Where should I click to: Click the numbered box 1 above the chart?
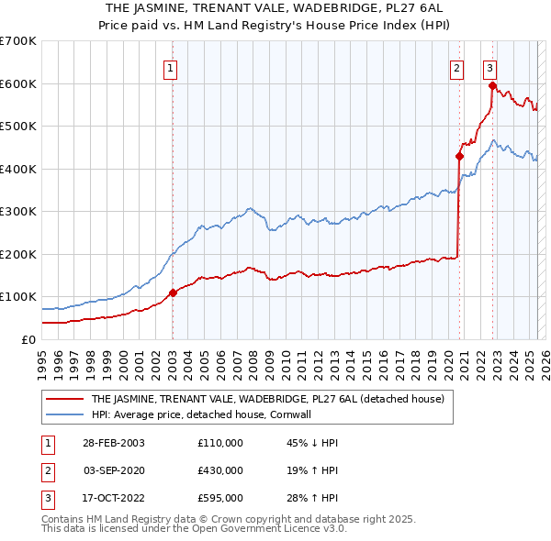[x=171, y=67]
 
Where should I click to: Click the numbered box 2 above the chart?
[x=457, y=67]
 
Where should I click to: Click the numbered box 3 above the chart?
[x=490, y=67]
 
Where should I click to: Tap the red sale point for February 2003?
[x=173, y=293]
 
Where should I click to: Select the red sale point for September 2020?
[x=459, y=156]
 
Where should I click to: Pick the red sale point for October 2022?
[x=493, y=86]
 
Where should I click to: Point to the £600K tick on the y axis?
[x=18, y=83]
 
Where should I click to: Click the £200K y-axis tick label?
[x=18, y=254]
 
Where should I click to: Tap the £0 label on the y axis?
[x=28, y=339]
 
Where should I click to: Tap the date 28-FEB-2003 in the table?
[x=114, y=443]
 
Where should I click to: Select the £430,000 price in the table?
[x=220, y=470]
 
